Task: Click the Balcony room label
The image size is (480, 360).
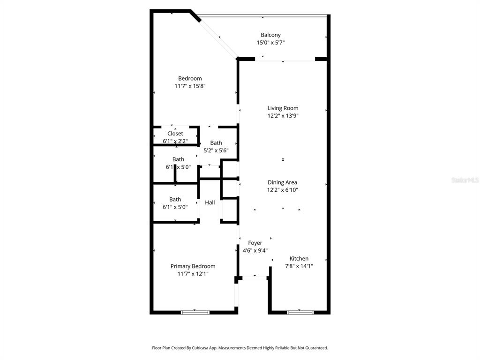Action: (x=270, y=35)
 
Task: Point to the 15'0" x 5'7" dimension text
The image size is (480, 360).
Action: (x=270, y=43)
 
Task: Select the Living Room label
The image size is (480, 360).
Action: (x=283, y=108)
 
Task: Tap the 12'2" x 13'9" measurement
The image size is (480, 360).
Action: (x=283, y=116)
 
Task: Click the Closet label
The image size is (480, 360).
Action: (x=175, y=134)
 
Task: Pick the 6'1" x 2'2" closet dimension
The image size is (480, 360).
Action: (x=175, y=141)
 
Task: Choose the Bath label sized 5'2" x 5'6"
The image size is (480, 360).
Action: (x=216, y=143)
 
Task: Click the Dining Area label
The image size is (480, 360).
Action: (x=282, y=182)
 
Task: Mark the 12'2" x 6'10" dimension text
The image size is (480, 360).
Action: (x=282, y=190)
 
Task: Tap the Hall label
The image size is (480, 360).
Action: (x=210, y=202)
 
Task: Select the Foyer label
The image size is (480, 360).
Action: (x=255, y=243)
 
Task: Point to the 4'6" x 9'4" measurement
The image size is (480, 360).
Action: (x=255, y=250)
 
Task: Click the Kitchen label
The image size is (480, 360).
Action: (x=299, y=258)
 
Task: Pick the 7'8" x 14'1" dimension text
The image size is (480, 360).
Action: (x=299, y=266)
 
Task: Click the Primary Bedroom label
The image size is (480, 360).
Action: (x=193, y=266)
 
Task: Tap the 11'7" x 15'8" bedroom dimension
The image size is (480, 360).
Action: (x=190, y=86)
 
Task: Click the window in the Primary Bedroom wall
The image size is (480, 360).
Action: (x=195, y=312)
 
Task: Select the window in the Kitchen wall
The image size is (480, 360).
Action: (x=300, y=312)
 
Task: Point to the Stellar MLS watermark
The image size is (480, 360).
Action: (x=465, y=180)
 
